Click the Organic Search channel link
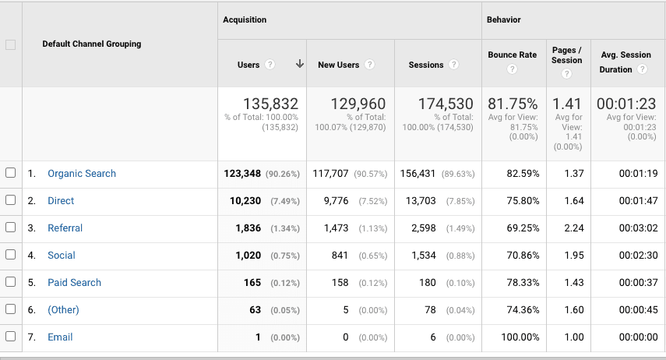pos(81,174)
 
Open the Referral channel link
pos(65,228)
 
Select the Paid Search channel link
pos(74,283)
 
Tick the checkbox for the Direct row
pos(11,200)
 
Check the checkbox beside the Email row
pos(11,337)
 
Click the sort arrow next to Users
pos(299,65)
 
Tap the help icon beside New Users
pos(370,65)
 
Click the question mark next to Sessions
pos(453,65)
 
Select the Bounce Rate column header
pos(512,55)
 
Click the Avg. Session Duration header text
pos(625,55)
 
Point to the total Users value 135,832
pos(270,104)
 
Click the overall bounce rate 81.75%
pos(512,104)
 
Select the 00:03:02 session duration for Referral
pos(638,228)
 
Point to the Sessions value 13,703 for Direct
pos(421,201)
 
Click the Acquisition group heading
pos(245,19)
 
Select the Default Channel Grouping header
pos(91,44)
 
